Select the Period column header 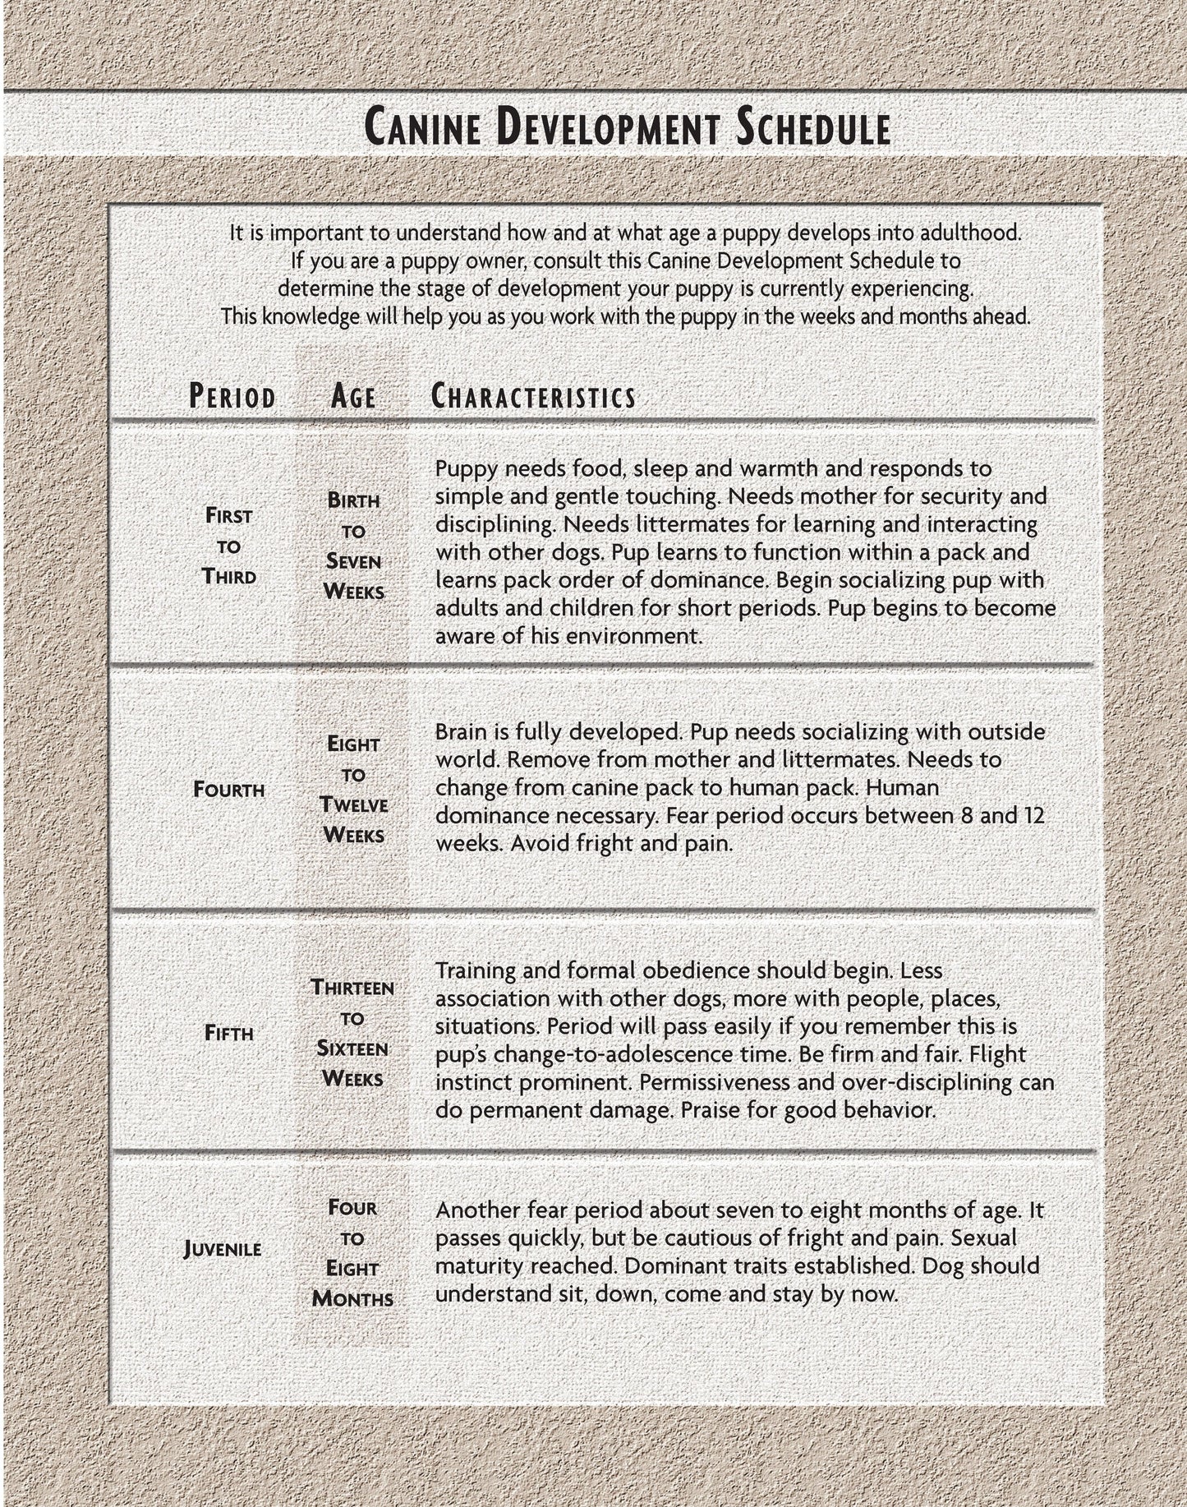(x=232, y=397)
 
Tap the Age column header (x=353, y=397)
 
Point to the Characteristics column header (x=534, y=397)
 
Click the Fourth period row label (x=229, y=790)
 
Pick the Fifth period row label (x=229, y=1033)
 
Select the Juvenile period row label (x=223, y=1250)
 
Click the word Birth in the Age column (x=353, y=500)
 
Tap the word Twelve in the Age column (x=354, y=804)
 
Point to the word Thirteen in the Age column (x=352, y=987)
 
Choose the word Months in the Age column (x=353, y=1299)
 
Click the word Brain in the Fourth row (x=462, y=731)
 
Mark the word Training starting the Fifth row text (x=476, y=970)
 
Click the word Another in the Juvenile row (x=476, y=1210)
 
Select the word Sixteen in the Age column (x=352, y=1048)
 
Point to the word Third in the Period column (x=229, y=576)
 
